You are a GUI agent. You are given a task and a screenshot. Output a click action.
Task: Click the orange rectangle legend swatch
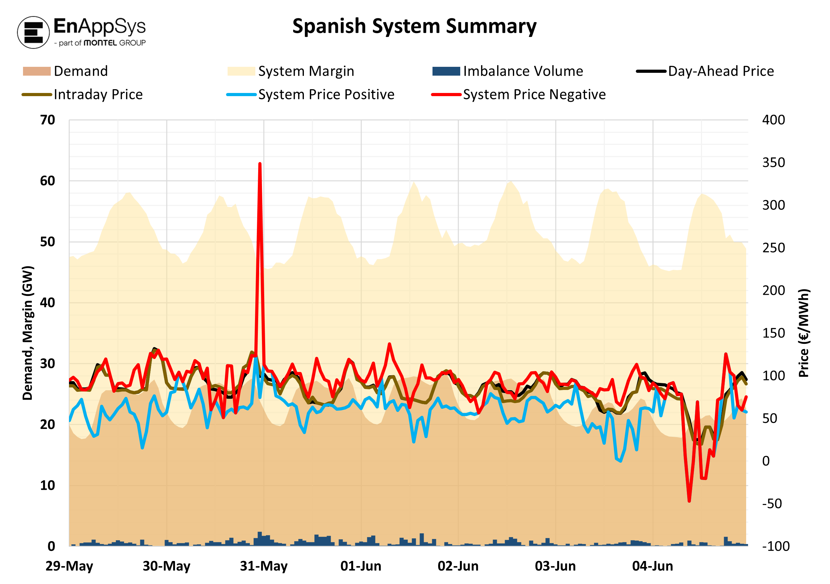37,71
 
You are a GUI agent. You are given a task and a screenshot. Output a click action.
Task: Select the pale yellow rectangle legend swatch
241,71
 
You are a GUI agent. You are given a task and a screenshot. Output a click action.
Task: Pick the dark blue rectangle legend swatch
446,71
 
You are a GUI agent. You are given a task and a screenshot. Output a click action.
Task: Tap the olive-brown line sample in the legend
37,95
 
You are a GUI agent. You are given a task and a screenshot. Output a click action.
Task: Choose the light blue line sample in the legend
241,95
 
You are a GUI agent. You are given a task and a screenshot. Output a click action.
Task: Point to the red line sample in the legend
446,95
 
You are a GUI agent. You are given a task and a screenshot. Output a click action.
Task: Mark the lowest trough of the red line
689,501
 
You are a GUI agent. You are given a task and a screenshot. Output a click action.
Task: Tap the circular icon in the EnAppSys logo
34,32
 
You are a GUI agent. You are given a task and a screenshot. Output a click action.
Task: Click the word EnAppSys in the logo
99,26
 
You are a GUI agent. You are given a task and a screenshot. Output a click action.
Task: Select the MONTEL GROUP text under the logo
114,43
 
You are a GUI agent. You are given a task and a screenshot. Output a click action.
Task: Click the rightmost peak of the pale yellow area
702,194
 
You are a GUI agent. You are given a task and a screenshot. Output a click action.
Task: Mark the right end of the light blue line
746,412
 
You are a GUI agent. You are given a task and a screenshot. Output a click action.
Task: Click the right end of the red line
746,397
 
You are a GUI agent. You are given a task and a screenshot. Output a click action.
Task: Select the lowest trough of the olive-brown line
700,444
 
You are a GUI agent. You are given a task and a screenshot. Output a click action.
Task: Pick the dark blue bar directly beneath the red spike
259,539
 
